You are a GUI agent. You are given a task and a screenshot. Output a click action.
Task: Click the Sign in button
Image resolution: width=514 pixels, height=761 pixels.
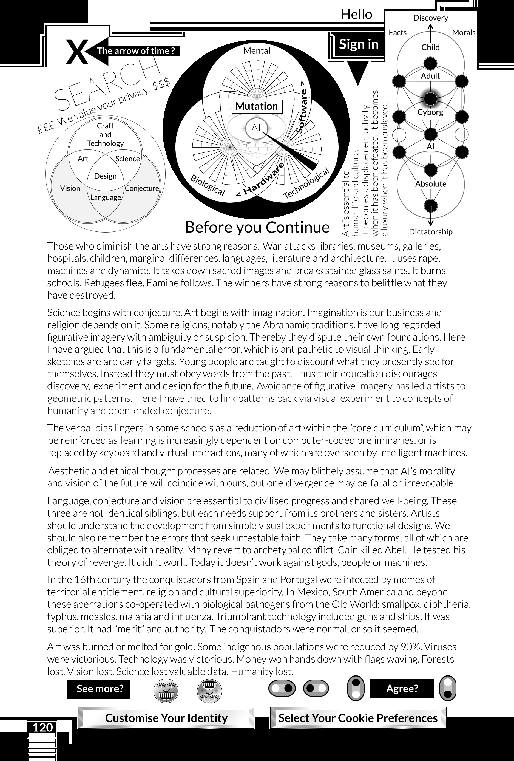359,44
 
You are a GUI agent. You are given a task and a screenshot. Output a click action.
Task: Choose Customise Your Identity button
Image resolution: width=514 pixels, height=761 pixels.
166,718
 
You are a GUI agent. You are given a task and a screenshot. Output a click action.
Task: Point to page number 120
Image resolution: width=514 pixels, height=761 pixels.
42,728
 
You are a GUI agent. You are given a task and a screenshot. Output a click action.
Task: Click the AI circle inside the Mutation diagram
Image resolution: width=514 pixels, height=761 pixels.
256,128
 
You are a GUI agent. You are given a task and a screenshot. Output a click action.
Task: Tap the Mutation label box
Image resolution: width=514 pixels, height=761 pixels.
257,106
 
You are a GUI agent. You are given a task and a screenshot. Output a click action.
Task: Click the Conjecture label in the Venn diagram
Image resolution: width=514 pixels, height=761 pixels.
142,188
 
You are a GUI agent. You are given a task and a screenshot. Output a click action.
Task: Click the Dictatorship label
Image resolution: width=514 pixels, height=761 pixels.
430,232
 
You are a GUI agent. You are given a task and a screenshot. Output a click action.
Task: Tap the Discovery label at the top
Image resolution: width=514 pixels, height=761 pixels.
430,18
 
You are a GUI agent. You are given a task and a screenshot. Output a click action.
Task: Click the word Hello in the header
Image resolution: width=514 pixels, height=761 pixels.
356,15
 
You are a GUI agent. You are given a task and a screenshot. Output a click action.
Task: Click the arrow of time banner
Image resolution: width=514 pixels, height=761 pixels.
136,51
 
